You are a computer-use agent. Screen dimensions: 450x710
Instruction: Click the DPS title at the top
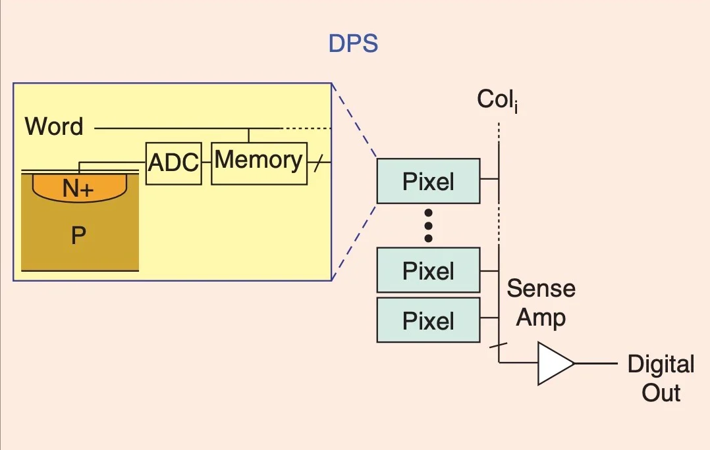[x=353, y=44]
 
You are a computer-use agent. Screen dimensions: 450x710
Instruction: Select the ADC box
[x=173, y=162]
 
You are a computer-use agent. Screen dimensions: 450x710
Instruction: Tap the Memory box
[x=259, y=161]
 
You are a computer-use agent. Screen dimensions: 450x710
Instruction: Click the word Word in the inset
[x=54, y=126]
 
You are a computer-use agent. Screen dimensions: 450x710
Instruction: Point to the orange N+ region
[x=79, y=188]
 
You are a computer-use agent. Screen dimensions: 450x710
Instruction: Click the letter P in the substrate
[x=79, y=236]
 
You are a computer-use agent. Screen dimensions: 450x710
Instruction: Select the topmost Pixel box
[x=428, y=181]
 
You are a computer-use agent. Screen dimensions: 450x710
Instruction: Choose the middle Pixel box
[x=428, y=270]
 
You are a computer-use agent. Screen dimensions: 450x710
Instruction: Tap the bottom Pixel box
[x=428, y=320]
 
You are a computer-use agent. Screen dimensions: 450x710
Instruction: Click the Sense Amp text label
[x=541, y=303]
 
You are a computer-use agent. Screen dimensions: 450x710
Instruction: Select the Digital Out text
[x=661, y=378]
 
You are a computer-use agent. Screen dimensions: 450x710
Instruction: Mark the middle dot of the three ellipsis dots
[x=429, y=225]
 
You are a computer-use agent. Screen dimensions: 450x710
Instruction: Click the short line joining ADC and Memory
[x=205, y=162]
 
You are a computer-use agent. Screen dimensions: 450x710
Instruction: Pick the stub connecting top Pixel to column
[x=489, y=178]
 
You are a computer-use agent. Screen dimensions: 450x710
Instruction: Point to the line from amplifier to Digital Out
[x=595, y=363]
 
